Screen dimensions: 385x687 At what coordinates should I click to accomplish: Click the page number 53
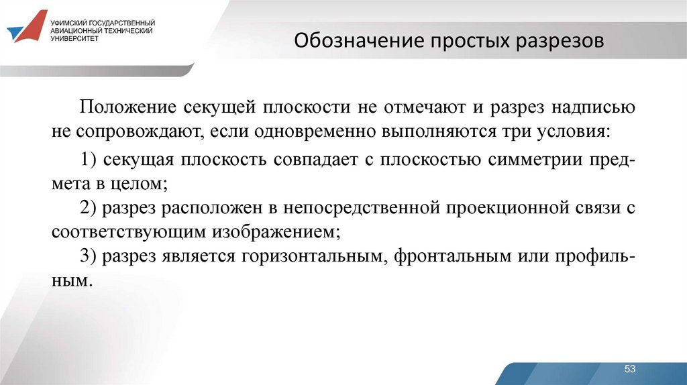pos(629,370)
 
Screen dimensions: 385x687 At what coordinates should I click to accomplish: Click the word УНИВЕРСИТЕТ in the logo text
pos(74,38)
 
